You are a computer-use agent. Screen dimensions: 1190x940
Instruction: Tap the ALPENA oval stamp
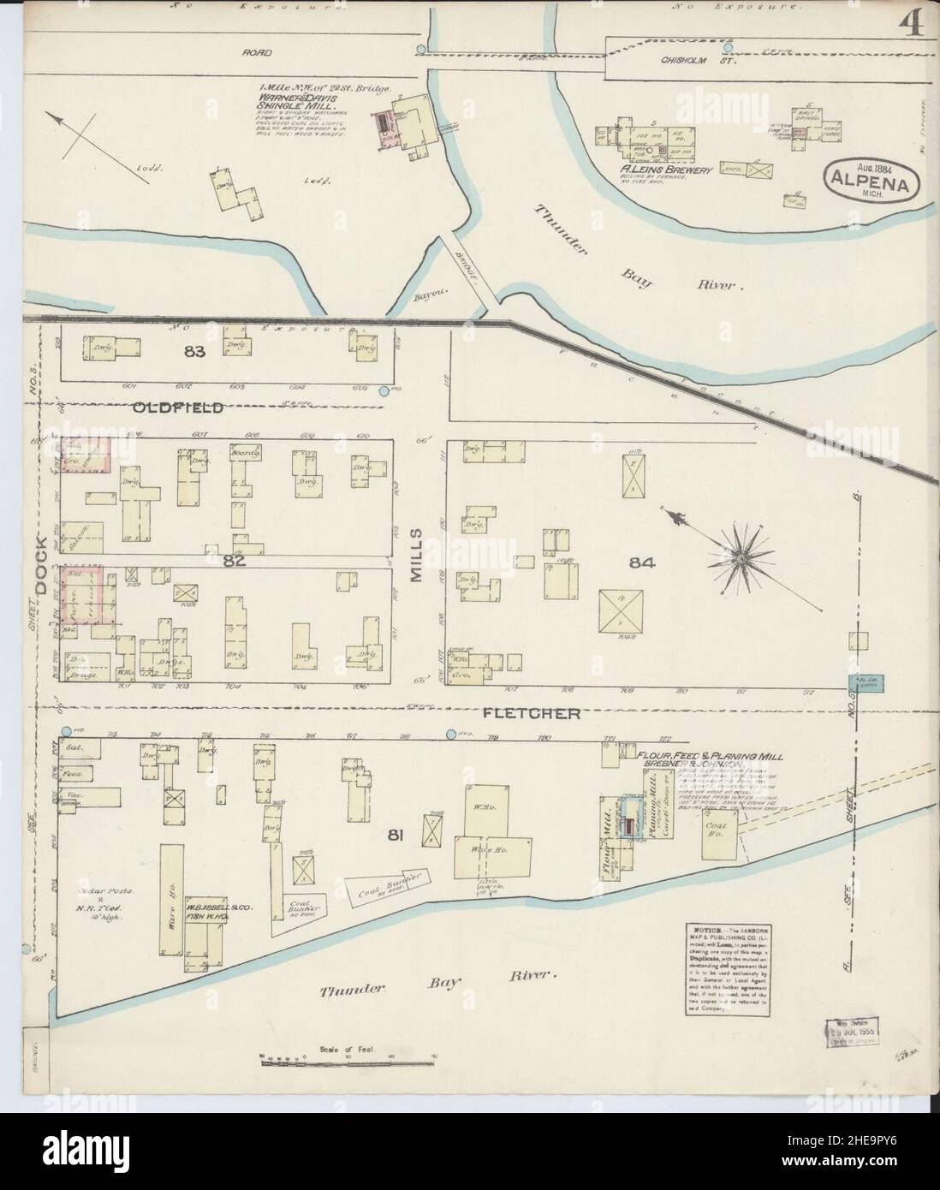[872, 181]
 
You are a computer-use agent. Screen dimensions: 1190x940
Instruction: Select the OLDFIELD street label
[178, 408]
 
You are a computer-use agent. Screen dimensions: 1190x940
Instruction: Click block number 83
[190, 351]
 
